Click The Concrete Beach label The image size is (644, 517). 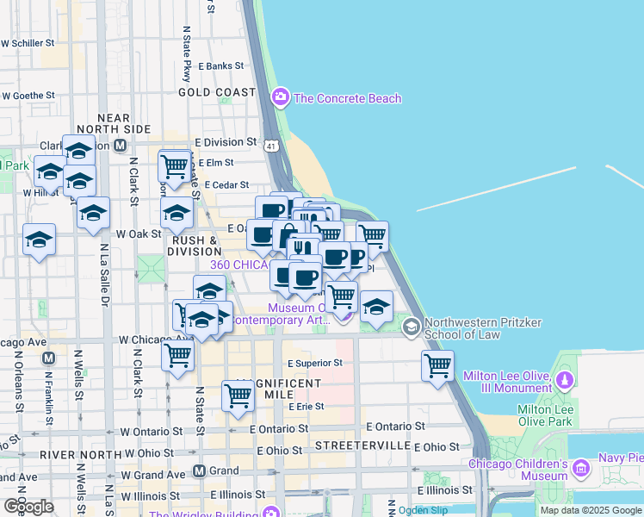pyautogui.click(x=347, y=98)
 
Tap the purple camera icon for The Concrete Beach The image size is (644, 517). pyautogui.click(x=280, y=98)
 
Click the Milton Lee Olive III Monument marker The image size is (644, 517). pyautogui.click(x=565, y=379)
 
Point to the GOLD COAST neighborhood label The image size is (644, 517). pyautogui.click(x=217, y=92)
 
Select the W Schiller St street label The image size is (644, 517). pyautogui.click(x=28, y=41)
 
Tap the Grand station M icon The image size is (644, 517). pyautogui.click(x=199, y=471)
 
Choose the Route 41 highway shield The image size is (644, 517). pyautogui.click(x=272, y=146)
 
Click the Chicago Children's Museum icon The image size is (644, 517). pyautogui.click(x=580, y=469)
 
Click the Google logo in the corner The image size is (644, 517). pyautogui.click(x=28, y=507)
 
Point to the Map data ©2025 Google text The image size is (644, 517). pyautogui.click(x=591, y=510)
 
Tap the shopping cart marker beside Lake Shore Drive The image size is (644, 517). pyautogui.click(x=437, y=364)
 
